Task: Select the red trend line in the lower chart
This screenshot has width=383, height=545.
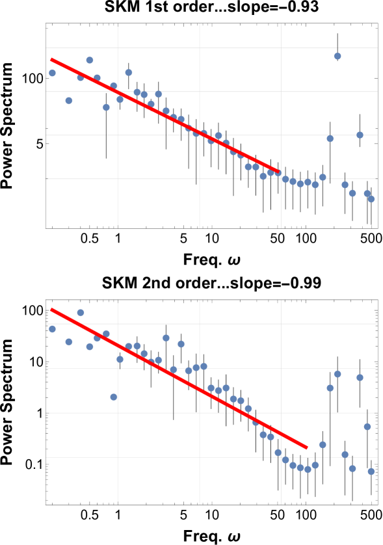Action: [179, 379]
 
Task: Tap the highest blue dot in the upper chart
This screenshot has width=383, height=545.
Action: [337, 56]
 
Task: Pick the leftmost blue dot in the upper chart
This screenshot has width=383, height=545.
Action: [52, 73]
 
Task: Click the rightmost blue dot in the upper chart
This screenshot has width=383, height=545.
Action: [371, 199]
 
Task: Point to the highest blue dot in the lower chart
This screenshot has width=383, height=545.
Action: [81, 313]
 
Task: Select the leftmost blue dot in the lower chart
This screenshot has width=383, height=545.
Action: [52, 329]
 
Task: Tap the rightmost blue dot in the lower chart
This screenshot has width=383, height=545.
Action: [371, 472]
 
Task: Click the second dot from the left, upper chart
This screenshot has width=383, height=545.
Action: [69, 101]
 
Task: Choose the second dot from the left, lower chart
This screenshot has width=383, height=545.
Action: [69, 342]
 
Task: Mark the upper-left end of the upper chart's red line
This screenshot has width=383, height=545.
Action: [51, 59]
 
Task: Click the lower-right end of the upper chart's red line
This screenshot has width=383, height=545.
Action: [278, 172]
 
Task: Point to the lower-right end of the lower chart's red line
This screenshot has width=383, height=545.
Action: [306, 447]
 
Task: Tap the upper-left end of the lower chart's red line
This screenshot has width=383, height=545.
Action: [51, 309]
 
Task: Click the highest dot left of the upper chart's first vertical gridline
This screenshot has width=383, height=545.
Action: [90, 60]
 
